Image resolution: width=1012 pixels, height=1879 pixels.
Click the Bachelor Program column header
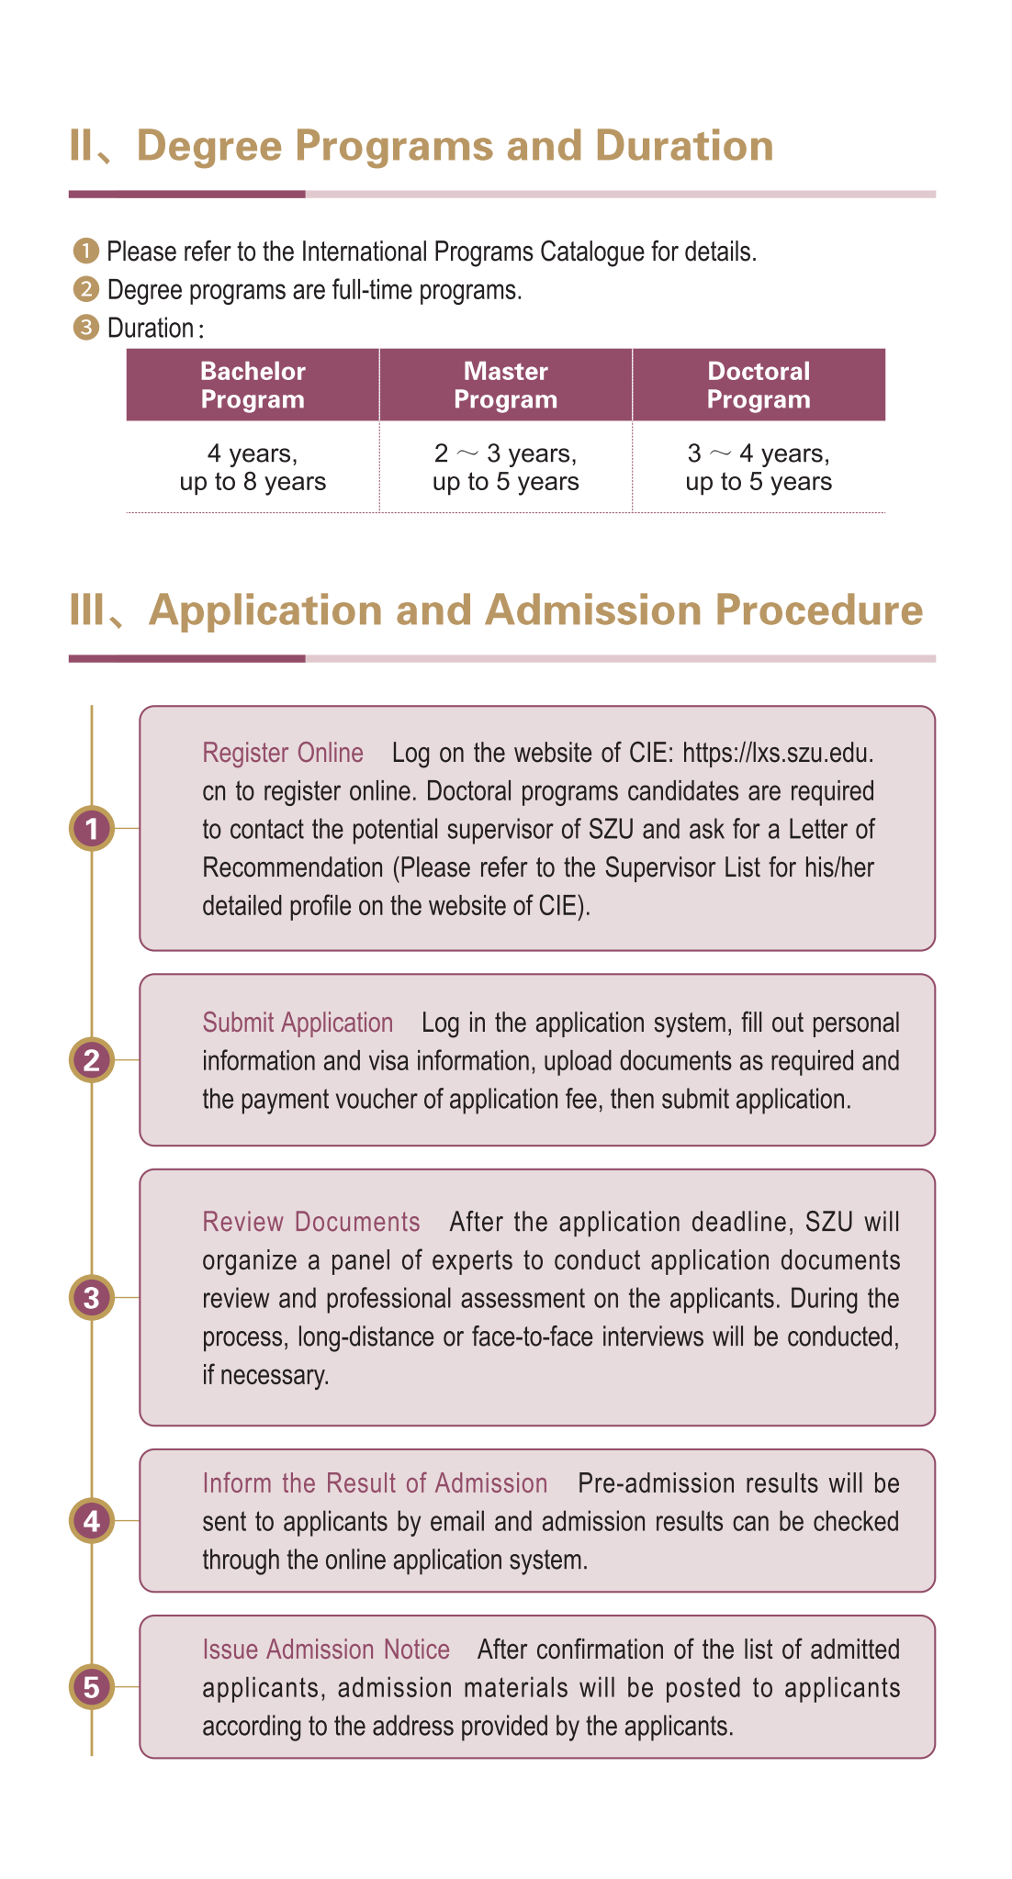pos(253,385)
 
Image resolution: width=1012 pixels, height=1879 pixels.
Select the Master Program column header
pos(505,385)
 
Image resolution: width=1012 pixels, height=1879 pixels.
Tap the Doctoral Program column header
pos(759,385)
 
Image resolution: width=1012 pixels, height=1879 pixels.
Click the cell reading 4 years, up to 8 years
pos(253,467)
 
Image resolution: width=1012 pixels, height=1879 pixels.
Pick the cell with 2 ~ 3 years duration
pos(505,467)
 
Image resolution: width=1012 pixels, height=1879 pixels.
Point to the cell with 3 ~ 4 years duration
pos(759,467)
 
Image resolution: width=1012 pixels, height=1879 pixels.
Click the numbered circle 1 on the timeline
pos(92,829)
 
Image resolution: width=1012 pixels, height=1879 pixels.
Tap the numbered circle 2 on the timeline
pos(92,1060)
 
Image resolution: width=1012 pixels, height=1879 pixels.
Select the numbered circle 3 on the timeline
pos(92,1298)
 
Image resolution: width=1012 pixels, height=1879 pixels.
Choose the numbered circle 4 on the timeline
pos(92,1521)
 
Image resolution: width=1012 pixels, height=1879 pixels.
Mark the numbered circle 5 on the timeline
pos(92,1686)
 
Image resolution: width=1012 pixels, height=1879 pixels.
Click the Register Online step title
pos(283,753)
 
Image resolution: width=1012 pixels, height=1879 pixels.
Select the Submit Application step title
pos(298,1023)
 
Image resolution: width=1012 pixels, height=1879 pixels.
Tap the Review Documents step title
pos(311,1222)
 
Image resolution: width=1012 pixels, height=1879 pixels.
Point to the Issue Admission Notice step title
pos(326,1650)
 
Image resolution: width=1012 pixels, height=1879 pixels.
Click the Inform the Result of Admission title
pos(375,1483)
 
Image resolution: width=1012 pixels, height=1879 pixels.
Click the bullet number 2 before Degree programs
pos(85,290)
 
